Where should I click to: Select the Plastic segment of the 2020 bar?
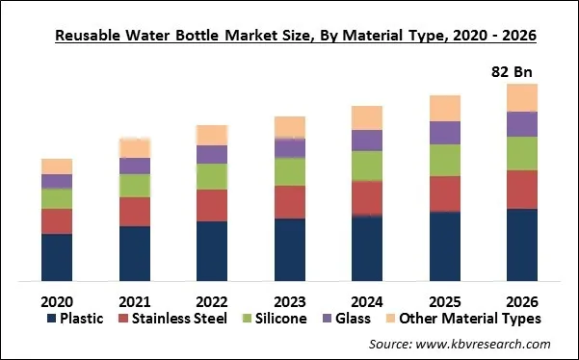click(57, 257)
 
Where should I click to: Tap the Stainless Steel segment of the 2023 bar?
click(290, 201)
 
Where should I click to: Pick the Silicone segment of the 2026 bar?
click(521, 153)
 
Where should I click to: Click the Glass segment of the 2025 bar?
click(444, 133)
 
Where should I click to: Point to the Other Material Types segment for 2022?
click(212, 135)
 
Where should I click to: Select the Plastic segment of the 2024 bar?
click(367, 248)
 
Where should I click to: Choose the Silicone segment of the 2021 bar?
click(135, 185)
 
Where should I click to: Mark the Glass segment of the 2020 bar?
click(57, 181)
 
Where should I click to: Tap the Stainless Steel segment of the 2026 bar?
click(521, 189)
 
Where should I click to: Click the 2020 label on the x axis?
click(57, 299)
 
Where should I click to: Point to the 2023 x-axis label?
click(290, 299)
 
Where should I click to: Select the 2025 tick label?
click(444, 299)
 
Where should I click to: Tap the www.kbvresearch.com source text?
click(491, 344)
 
